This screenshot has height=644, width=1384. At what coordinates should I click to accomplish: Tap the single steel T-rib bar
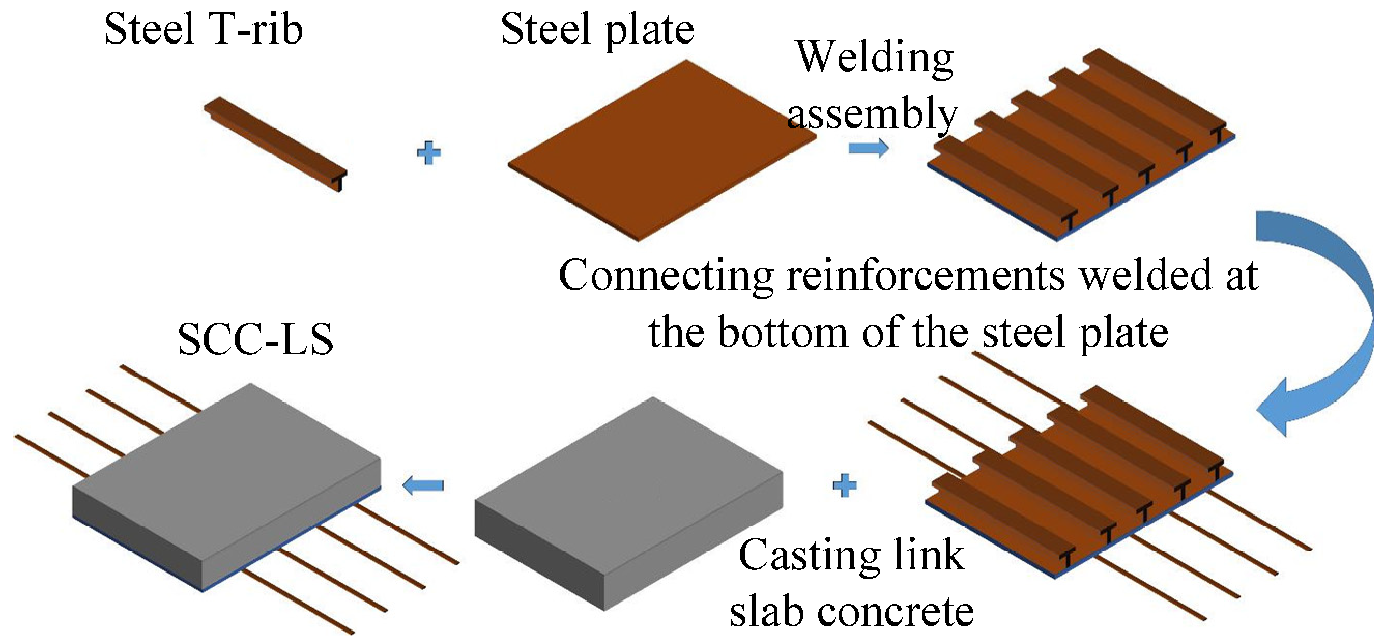coord(274,142)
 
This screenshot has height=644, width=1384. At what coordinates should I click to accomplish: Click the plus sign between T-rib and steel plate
coord(428,153)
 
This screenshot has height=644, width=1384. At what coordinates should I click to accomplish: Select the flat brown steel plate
coord(661,151)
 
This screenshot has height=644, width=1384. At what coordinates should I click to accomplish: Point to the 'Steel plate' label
coord(597,30)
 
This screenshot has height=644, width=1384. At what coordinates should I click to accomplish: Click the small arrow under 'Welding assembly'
coord(868,148)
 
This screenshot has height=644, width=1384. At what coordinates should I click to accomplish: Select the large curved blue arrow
coord(1327,323)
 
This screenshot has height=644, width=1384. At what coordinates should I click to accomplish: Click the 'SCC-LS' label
coord(255,340)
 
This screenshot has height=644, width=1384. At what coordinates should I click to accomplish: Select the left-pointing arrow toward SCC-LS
coord(423,485)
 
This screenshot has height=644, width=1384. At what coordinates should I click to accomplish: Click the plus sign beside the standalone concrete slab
coord(844,485)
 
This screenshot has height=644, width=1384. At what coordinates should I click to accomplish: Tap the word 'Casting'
coord(809,555)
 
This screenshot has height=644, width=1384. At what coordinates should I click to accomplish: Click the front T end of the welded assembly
coord(1069,221)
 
